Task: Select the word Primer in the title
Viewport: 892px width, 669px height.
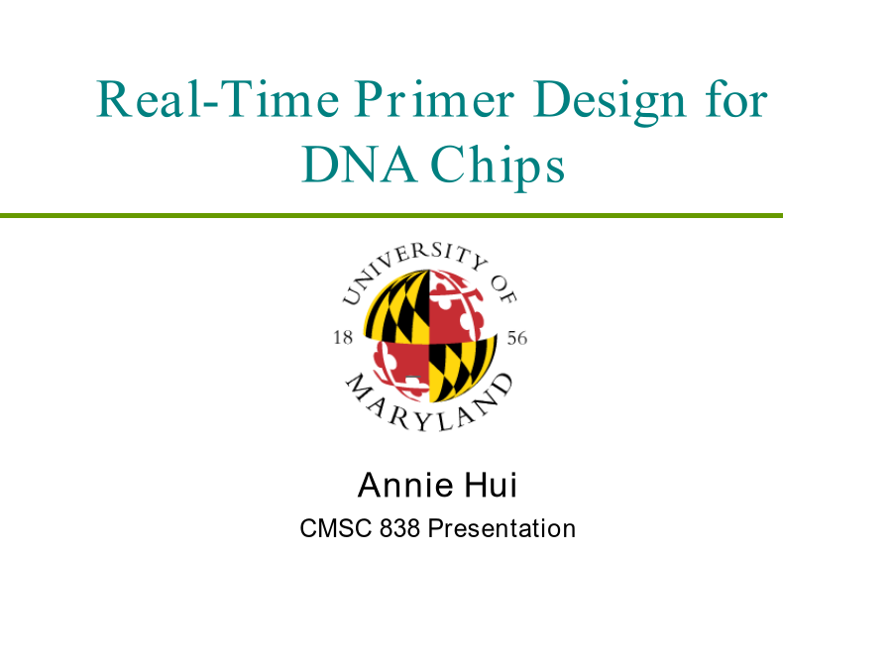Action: (435, 99)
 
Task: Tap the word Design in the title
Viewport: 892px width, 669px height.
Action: (610, 102)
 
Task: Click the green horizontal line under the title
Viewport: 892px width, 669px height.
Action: (391, 216)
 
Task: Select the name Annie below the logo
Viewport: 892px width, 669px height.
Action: (405, 486)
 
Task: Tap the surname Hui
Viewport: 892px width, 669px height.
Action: (491, 486)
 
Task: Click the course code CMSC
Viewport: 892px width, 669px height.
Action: (336, 528)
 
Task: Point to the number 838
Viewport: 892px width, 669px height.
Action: (400, 528)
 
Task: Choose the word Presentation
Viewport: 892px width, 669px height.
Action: (502, 528)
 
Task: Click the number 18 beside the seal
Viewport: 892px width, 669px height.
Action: (343, 338)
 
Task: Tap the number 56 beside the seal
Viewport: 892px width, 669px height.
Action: (517, 339)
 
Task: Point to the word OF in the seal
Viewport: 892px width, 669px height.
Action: (504, 290)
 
